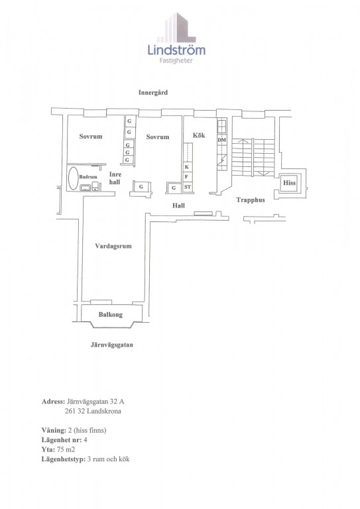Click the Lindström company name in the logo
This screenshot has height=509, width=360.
click(176, 50)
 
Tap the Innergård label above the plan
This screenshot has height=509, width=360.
click(153, 93)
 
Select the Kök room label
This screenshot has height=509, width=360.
click(199, 135)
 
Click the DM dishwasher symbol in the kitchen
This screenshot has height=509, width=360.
click(222, 140)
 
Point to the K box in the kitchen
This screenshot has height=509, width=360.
click(188, 167)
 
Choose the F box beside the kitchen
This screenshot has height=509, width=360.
click(188, 177)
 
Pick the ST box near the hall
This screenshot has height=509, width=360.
click(188, 188)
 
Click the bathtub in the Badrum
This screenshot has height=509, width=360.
click(73, 178)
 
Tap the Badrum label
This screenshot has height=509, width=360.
click(88, 177)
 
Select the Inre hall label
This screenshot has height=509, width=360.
click(115, 178)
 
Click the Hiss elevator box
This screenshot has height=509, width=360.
click(289, 183)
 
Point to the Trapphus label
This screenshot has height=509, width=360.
click(251, 200)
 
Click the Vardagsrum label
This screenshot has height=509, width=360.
click(113, 246)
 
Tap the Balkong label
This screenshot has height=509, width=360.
click(111, 315)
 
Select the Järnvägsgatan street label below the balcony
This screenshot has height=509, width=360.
click(111, 345)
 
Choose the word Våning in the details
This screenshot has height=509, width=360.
click(54, 430)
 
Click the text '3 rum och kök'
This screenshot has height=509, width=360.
click(109, 459)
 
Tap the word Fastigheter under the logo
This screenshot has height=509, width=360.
click(176, 61)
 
